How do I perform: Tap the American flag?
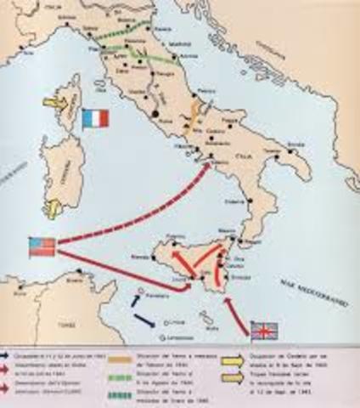coord(42,246)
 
